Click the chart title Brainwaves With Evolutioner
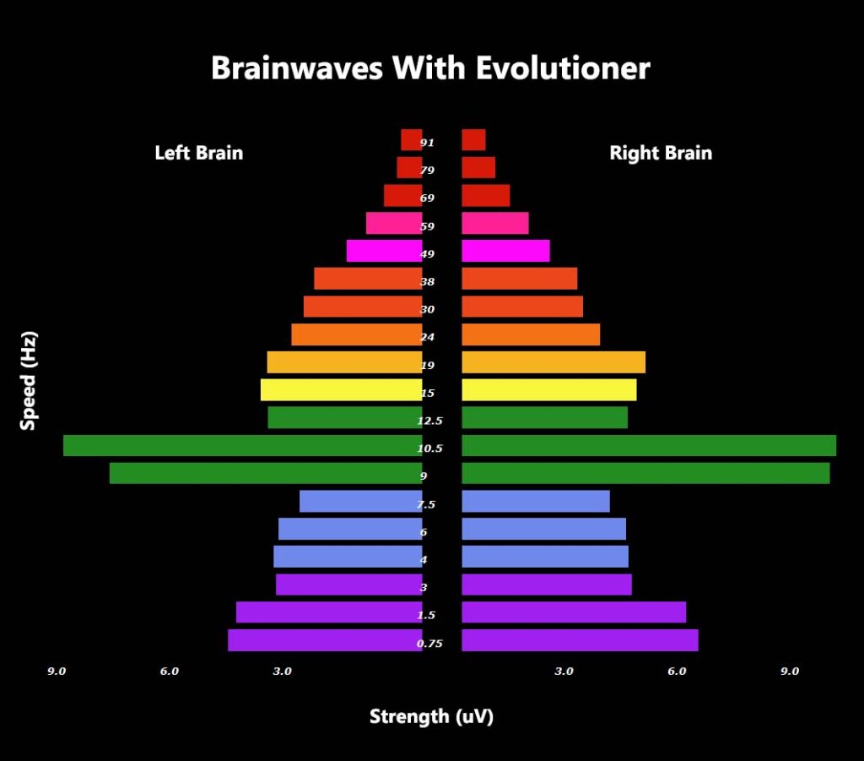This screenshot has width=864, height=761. (431, 68)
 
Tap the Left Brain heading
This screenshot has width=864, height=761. (199, 153)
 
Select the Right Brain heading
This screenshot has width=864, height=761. (661, 153)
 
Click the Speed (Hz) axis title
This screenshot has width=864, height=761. (28, 380)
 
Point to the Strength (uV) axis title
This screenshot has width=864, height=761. (431, 716)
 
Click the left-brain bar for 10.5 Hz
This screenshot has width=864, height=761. (243, 446)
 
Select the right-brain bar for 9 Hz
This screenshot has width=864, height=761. (645, 473)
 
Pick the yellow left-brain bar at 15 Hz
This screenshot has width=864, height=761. (342, 390)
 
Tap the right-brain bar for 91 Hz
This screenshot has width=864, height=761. (474, 140)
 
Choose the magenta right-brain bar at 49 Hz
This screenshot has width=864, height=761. (506, 251)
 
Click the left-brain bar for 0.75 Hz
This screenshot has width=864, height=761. (325, 640)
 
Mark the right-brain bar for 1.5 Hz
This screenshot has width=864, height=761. (574, 612)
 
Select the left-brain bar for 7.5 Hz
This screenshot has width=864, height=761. (361, 501)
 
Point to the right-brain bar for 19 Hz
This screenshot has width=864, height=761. (553, 362)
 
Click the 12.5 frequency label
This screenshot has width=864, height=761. (429, 421)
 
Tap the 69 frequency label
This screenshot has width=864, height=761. (427, 198)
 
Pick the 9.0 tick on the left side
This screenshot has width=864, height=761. (57, 671)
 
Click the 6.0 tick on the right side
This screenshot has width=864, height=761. (677, 671)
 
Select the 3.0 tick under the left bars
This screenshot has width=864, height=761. (282, 671)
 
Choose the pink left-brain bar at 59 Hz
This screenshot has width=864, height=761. (395, 223)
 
